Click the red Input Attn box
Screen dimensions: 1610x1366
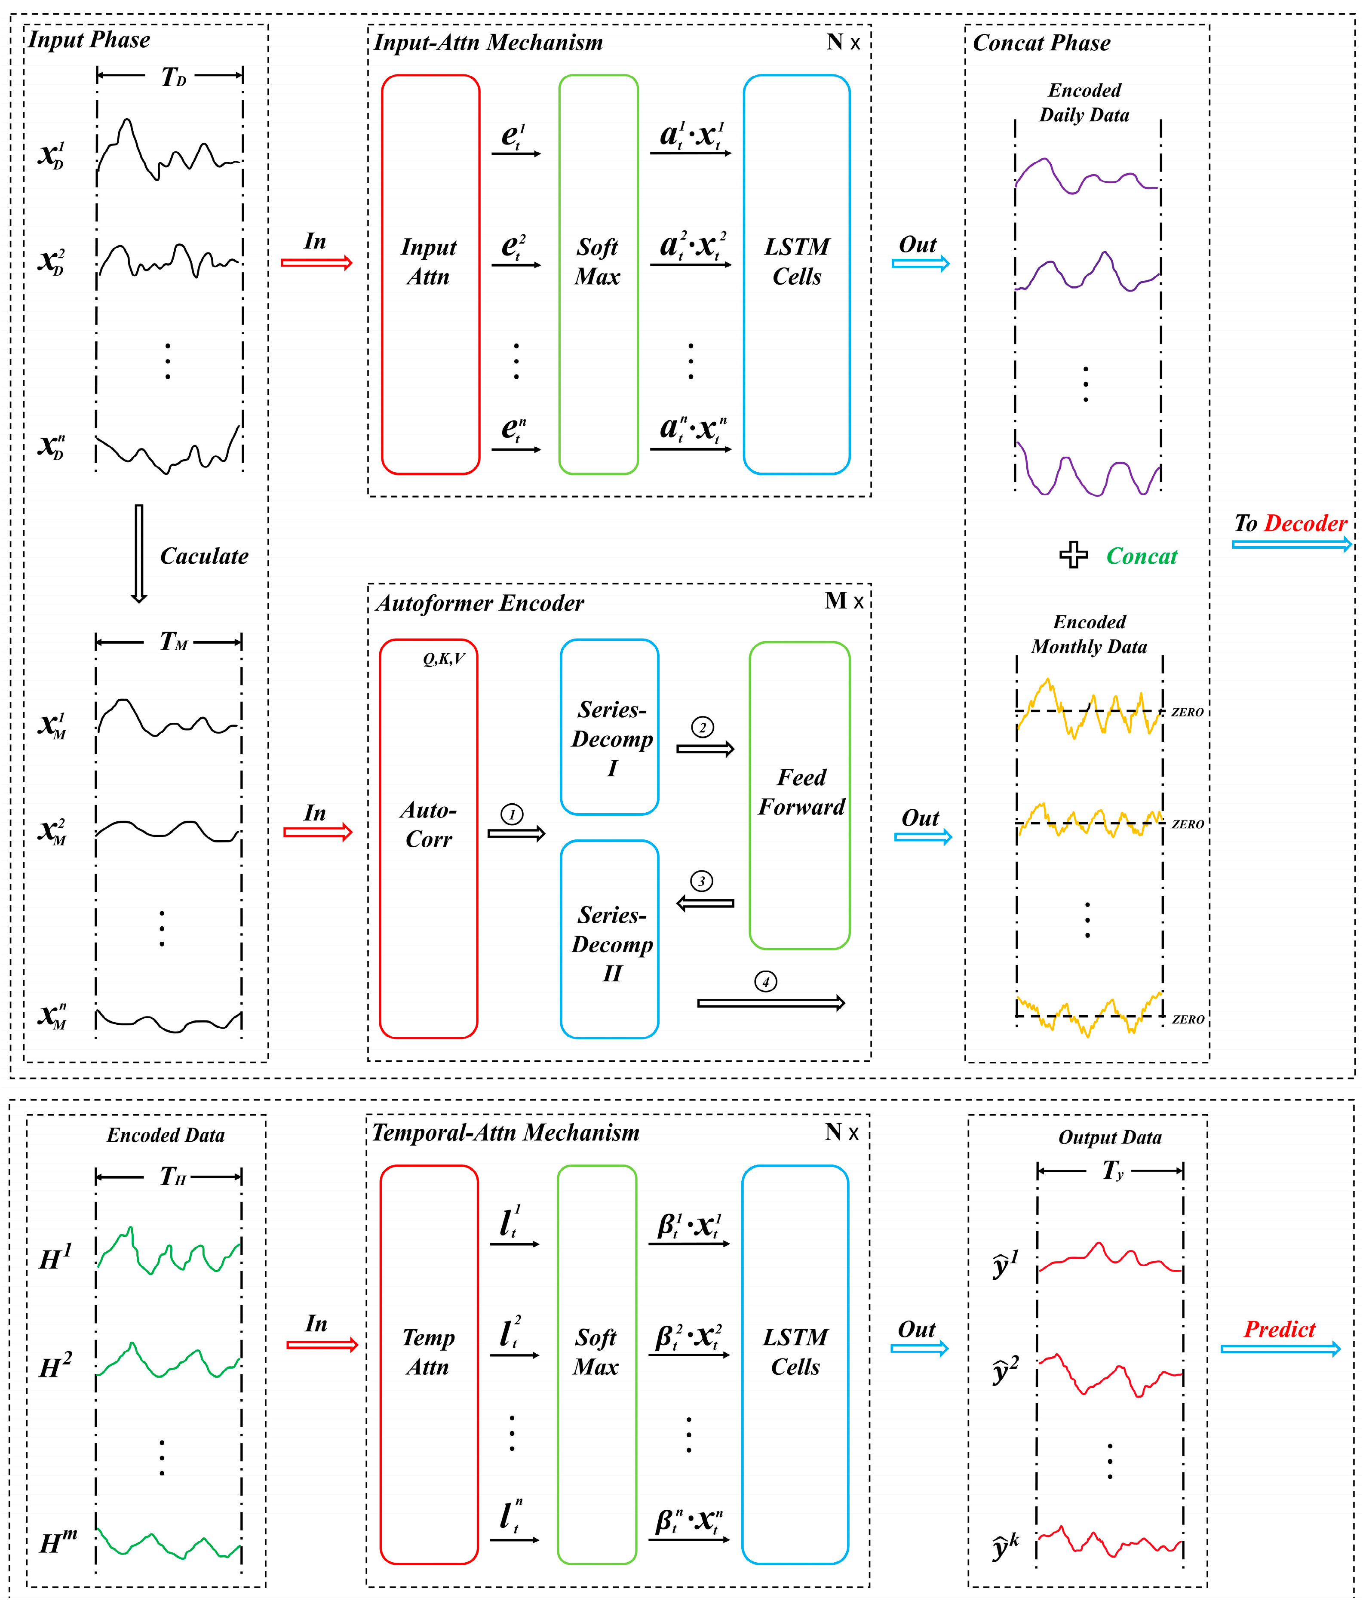click(430, 274)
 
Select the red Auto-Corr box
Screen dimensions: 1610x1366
click(428, 838)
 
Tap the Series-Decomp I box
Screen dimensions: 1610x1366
click(609, 726)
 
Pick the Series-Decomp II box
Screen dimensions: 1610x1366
click(609, 939)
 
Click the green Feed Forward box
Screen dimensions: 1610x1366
click(799, 795)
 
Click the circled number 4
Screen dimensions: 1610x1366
click(766, 982)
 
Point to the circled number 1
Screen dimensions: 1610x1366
click(512, 814)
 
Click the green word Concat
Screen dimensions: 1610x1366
click(1142, 556)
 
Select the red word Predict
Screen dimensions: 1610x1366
click(1279, 1329)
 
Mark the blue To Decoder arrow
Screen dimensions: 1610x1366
click(1291, 544)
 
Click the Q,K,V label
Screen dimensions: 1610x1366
click(444, 659)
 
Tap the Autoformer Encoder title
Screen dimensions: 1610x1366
click(479, 603)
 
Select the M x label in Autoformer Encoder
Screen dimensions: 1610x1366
click(843, 601)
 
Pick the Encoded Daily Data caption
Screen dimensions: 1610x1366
click(1084, 102)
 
